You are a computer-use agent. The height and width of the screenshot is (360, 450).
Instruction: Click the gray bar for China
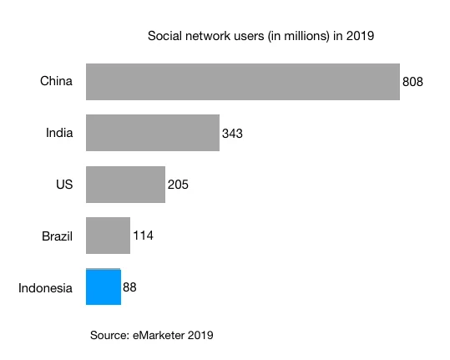tap(242, 82)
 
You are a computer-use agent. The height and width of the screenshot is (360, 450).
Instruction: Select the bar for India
tap(153, 133)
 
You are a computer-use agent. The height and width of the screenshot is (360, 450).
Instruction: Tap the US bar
tap(125, 184)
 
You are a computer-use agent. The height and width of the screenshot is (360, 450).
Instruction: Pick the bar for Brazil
tap(108, 236)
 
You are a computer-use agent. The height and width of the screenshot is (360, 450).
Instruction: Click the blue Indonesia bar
tap(104, 287)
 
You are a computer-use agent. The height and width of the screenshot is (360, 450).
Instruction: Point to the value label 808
tap(413, 82)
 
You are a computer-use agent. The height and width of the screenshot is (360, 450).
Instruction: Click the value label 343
tap(233, 133)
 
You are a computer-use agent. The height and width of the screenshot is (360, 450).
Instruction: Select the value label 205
tap(179, 185)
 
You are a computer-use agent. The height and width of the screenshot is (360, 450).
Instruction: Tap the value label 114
tap(143, 236)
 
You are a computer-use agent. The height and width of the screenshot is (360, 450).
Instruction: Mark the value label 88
tap(129, 287)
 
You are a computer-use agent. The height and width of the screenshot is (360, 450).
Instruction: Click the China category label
tap(57, 81)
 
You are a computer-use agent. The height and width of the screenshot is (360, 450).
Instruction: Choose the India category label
tap(59, 133)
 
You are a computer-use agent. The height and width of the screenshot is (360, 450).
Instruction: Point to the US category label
tap(64, 185)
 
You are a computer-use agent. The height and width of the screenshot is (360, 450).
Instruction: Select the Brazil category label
tap(58, 236)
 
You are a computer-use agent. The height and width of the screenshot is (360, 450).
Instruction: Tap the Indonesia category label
tap(46, 288)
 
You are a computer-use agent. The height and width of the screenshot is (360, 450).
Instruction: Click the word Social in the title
tap(164, 36)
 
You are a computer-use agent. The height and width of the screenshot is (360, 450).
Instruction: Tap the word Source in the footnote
tap(109, 336)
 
